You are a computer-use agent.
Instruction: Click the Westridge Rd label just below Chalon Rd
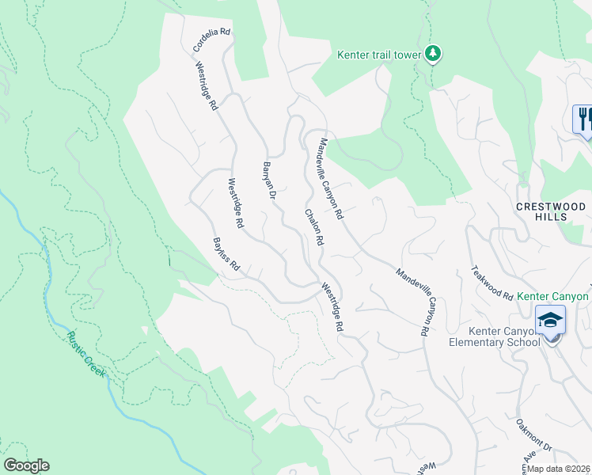click(x=333, y=308)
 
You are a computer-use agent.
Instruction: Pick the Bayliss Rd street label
click(x=226, y=255)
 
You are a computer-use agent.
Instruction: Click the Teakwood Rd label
click(x=491, y=283)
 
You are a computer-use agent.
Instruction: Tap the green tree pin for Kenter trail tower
click(x=433, y=53)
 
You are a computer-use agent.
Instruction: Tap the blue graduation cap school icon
click(x=549, y=320)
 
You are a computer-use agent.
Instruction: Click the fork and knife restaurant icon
click(x=584, y=119)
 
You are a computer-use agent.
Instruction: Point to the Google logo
click(x=26, y=465)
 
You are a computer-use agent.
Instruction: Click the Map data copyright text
click(x=559, y=469)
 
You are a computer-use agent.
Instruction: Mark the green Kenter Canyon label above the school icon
click(x=553, y=296)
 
